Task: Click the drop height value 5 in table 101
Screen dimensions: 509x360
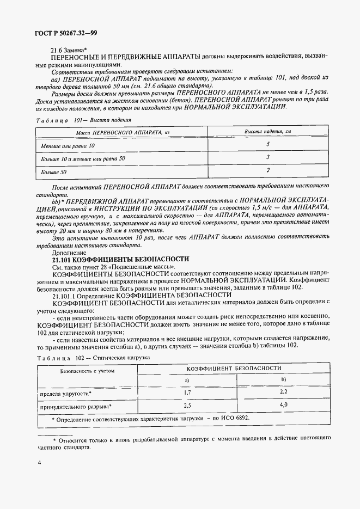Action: (268, 145)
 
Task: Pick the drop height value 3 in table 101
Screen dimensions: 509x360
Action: (268, 157)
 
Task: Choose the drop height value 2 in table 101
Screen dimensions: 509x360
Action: (268, 170)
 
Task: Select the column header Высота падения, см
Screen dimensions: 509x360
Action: (268, 132)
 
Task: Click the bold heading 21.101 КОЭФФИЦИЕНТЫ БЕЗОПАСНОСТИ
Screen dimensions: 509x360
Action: (120, 259)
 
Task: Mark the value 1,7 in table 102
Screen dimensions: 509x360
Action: (187, 392)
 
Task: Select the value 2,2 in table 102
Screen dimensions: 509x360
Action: (283, 392)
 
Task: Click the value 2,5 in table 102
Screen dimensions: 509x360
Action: (187, 406)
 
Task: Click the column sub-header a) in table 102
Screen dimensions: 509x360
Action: (187, 379)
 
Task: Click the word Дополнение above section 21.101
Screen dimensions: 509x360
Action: (68, 252)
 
